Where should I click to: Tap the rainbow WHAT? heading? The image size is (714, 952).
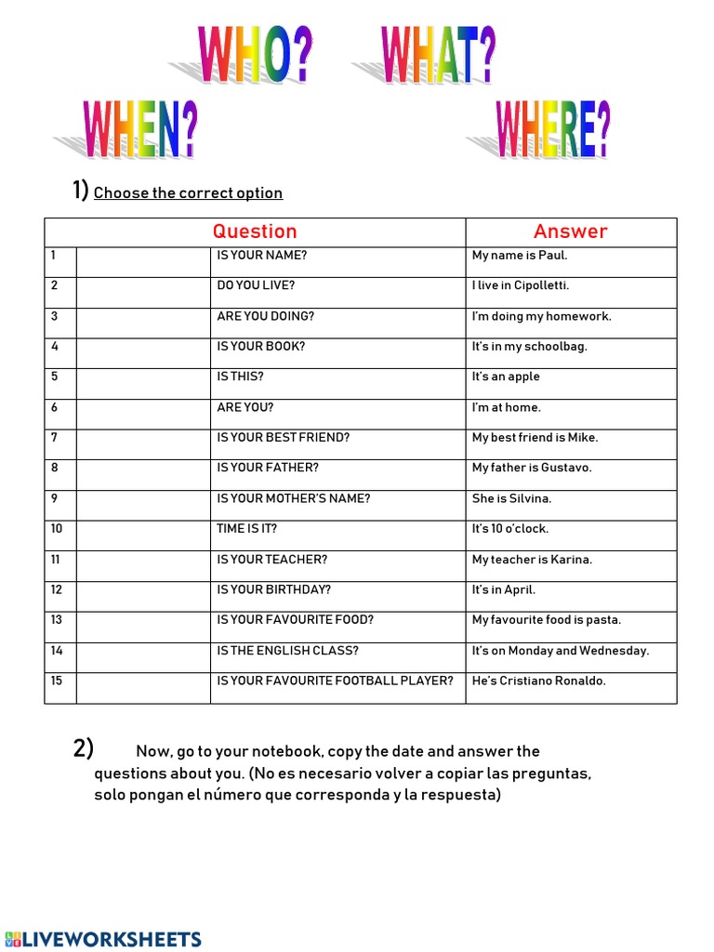pyautogui.click(x=437, y=56)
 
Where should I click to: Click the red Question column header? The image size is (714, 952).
pyautogui.click(x=255, y=231)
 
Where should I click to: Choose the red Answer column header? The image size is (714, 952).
pyautogui.click(x=570, y=231)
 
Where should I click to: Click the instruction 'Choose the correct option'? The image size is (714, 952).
pyautogui.click(x=188, y=193)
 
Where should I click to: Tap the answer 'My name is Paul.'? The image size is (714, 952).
pyautogui.click(x=519, y=256)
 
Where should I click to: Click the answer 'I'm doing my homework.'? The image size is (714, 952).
pyautogui.click(x=541, y=316)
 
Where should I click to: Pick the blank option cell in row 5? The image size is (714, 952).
pyautogui.click(x=143, y=384)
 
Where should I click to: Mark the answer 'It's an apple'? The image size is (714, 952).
pyautogui.click(x=506, y=377)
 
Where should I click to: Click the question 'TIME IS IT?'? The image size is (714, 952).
pyautogui.click(x=246, y=529)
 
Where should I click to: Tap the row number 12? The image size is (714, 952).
pyautogui.click(x=57, y=589)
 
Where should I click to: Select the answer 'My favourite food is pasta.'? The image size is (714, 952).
pyautogui.click(x=546, y=620)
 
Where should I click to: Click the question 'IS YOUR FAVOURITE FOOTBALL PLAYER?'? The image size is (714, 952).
pyautogui.click(x=335, y=681)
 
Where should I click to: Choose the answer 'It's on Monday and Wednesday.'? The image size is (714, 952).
pyautogui.click(x=560, y=651)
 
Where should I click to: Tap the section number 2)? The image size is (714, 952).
pyautogui.click(x=84, y=748)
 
